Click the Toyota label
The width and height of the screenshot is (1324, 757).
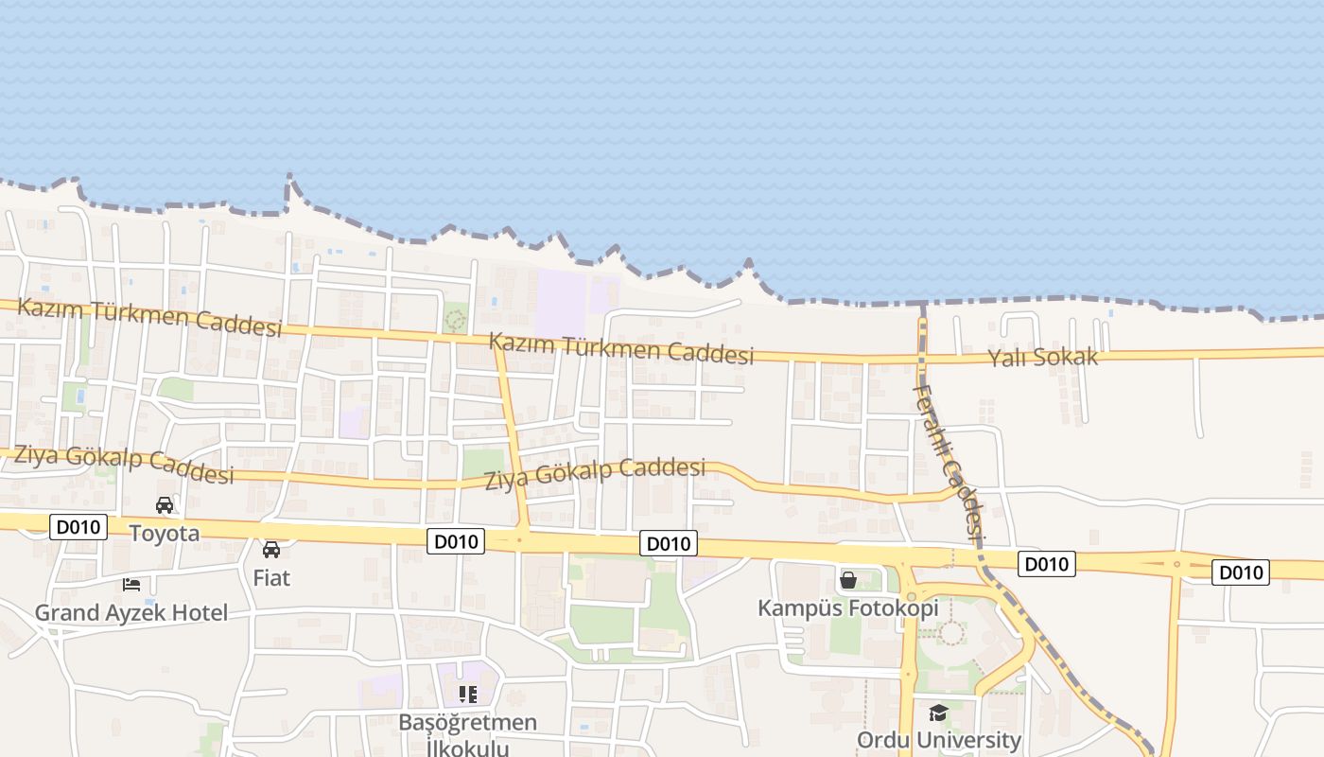165,533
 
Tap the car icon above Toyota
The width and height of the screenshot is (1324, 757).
165,505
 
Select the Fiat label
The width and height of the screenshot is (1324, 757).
271,576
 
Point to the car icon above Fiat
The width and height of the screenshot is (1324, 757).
271,549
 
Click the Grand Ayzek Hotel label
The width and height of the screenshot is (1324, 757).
131,612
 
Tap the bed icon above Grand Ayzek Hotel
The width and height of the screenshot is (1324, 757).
131,585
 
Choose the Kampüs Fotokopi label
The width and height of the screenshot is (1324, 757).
848,607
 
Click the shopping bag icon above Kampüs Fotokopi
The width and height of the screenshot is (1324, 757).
848,580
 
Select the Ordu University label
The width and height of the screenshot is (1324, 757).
938,739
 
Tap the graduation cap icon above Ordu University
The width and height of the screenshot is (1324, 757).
938,713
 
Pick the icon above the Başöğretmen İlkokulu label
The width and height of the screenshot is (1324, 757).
467,695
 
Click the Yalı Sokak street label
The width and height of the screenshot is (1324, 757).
1043,357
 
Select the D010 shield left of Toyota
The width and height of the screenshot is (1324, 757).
78,527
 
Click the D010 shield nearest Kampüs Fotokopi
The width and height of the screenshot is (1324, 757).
1046,565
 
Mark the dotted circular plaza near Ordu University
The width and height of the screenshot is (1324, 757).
949,632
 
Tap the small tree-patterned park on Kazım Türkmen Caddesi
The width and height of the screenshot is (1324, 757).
456,317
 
